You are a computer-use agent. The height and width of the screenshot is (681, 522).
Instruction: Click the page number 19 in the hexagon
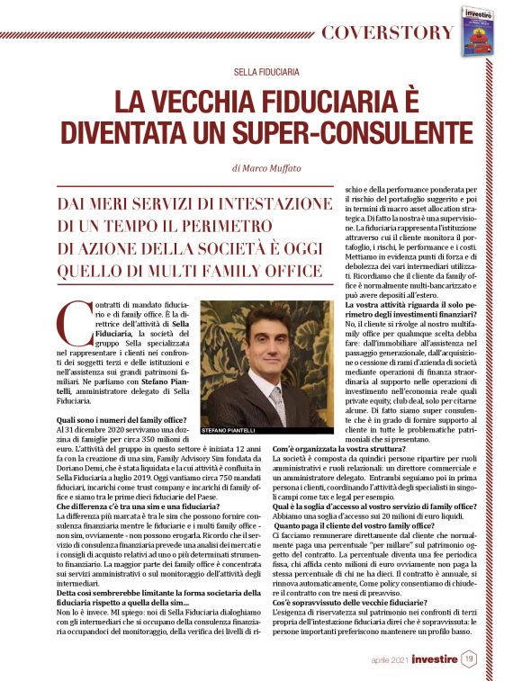click(x=470, y=659)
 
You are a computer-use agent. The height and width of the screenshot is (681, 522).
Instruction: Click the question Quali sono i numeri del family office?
click(x=121, y=420)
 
